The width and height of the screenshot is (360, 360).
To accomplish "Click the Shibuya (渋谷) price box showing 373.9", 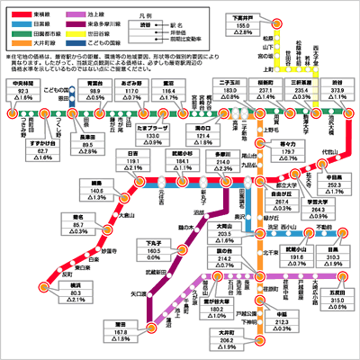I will [335, 90].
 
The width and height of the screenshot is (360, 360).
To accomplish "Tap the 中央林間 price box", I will [25, 90].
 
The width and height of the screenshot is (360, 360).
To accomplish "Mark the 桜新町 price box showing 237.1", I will [267, 90].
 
